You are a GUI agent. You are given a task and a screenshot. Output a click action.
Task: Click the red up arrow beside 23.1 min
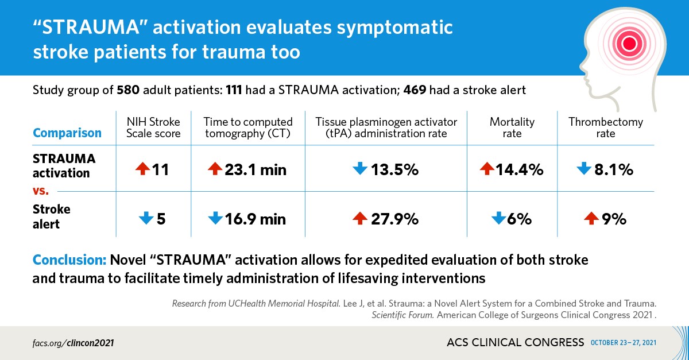click(x=215, y=169)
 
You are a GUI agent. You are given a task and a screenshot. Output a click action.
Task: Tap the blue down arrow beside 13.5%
click(x=359, y=169)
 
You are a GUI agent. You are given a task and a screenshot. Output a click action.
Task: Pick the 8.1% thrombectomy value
click(x=614, y=169)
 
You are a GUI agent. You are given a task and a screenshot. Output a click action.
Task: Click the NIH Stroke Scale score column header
click(x=153, y=127)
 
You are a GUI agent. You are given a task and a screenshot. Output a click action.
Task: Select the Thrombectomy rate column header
click(x=605, y=127)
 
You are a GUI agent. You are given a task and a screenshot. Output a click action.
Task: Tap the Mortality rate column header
click(x=512, y=127)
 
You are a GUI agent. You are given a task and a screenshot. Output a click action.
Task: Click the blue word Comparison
click(x=67, y=133)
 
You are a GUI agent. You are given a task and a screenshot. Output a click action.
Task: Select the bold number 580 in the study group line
click(x=127, y=90)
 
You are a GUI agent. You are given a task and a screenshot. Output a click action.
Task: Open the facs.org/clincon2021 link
click(x=73, y=343)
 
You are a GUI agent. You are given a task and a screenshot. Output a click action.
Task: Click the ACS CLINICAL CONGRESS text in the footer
click(x=515, y=343)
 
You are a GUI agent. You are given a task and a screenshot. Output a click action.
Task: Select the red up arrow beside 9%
click(x=590, y=218)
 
